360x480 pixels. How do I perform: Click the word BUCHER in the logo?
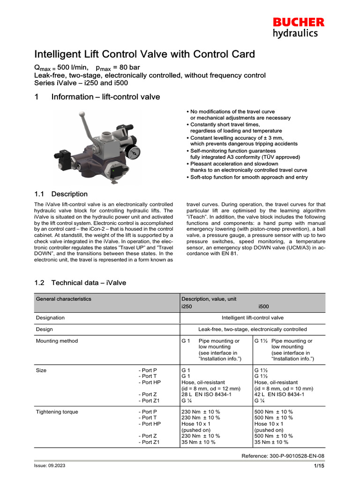[299, 22]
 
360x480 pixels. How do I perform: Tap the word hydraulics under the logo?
[295, 33]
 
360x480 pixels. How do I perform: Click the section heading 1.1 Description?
[61, 194]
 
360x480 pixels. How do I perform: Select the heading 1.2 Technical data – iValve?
[81, 283]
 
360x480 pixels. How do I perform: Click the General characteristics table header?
[64, 299]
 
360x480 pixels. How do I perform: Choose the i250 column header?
[187, 307]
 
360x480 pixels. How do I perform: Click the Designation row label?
[50, 317]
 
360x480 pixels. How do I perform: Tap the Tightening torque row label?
[57, 412]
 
